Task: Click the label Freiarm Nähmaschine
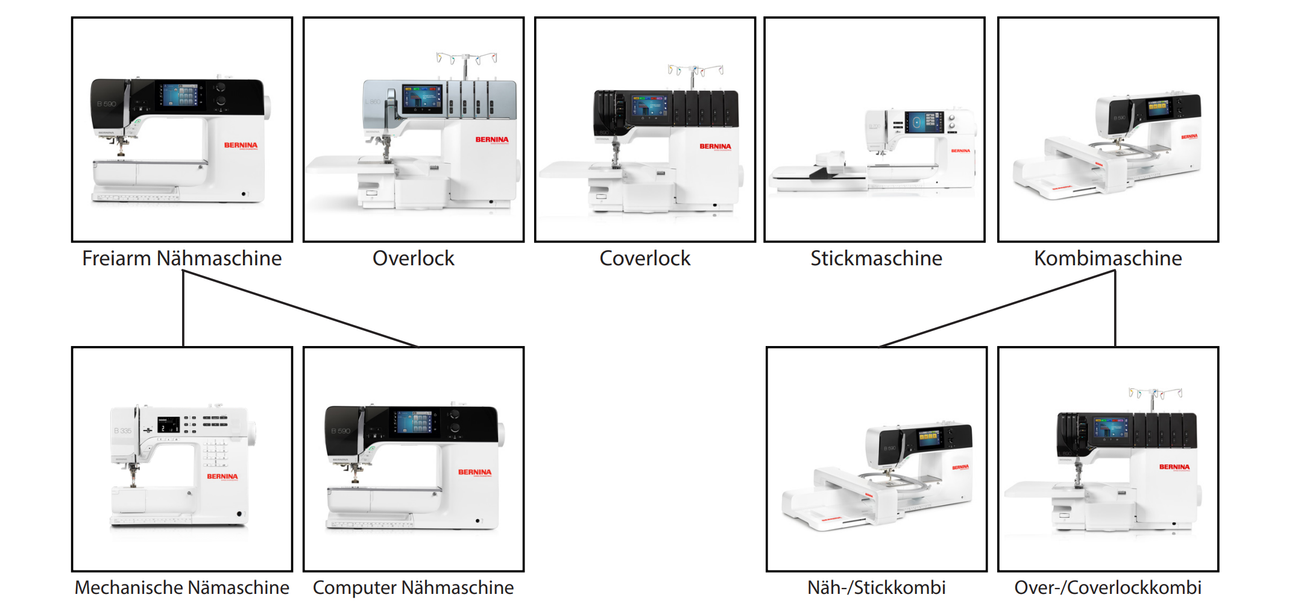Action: click(x=181, y=258)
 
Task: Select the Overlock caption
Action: click(x=413, y=258)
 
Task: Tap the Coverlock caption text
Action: click(x=644, y=258)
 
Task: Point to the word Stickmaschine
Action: click(x=875, y=258)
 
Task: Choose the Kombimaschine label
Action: click(x=1108, y=258)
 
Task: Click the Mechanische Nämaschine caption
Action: click(x=181, y=587)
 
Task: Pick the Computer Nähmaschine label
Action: click(x=413, y=587)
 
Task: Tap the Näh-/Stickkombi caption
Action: click(x=876, y=587)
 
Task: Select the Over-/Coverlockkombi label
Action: click(x=1108, y=587)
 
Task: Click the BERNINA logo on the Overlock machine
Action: click(x=491, y=140)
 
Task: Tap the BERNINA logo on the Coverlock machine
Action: click(x=715, y=147)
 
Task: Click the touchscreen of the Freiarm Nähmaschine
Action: click(x=180, y=95)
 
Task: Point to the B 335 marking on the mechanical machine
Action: click(x=122, y=431)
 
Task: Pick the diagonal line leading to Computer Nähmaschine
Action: click(x=301, y=309)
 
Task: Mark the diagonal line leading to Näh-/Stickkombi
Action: click(x=995, y=309)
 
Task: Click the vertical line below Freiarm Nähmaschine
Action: click(x=183, y=309)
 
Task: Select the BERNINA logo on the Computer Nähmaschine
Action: click(x=474, y=472)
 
